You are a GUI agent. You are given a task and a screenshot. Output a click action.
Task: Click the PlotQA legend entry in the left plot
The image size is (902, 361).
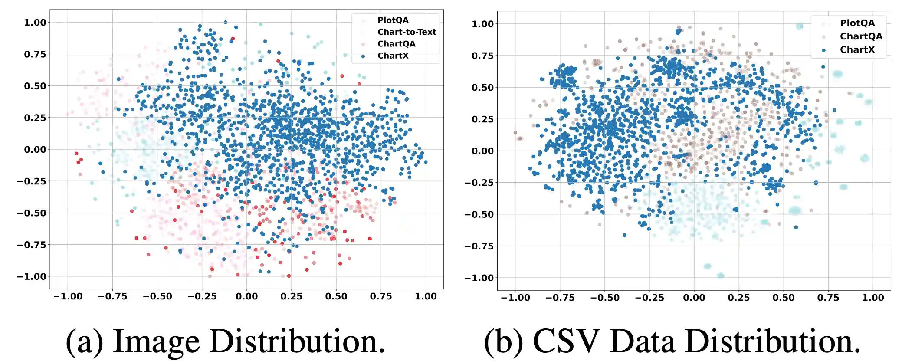tap(393, 20)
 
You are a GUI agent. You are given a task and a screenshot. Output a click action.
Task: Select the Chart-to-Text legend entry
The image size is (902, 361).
tap(407, 32)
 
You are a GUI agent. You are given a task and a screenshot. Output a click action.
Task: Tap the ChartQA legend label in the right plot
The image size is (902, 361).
tap(861, 36)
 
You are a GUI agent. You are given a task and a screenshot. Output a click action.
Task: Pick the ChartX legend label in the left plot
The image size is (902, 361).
tap(393, 56)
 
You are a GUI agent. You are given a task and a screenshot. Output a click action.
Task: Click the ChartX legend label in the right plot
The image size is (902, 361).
tap(857, 49)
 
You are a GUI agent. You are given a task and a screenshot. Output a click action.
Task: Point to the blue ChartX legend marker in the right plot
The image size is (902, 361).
tap(823, 50)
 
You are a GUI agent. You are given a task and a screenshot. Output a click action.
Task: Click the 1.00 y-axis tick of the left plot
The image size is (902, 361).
tap(35, 23)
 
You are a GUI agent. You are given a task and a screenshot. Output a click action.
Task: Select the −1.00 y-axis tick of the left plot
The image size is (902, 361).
tap(32, 276)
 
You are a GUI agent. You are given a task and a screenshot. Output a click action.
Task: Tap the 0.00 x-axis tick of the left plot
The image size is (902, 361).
tap(246, 296)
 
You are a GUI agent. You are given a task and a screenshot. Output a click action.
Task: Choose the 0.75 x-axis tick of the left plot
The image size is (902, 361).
tap(380, 296)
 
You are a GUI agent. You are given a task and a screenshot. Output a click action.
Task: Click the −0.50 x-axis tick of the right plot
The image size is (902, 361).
tap(604, 298)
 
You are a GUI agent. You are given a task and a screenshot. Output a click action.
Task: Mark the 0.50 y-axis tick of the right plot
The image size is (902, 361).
tap(482, 88)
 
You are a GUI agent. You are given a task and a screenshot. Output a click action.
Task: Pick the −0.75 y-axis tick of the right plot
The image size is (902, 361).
tap(479, 246)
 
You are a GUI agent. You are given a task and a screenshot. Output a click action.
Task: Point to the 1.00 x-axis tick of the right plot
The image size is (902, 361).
tap(872, 298)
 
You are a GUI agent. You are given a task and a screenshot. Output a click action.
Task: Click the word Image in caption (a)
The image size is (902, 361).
tap(156, 341)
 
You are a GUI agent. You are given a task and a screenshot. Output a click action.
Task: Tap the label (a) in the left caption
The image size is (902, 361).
tap(84, 341)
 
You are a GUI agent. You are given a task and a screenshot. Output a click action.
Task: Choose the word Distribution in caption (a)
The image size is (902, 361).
tap(297, 341)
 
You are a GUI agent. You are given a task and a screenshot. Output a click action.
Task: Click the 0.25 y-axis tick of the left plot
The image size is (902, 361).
tap(35, 118)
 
